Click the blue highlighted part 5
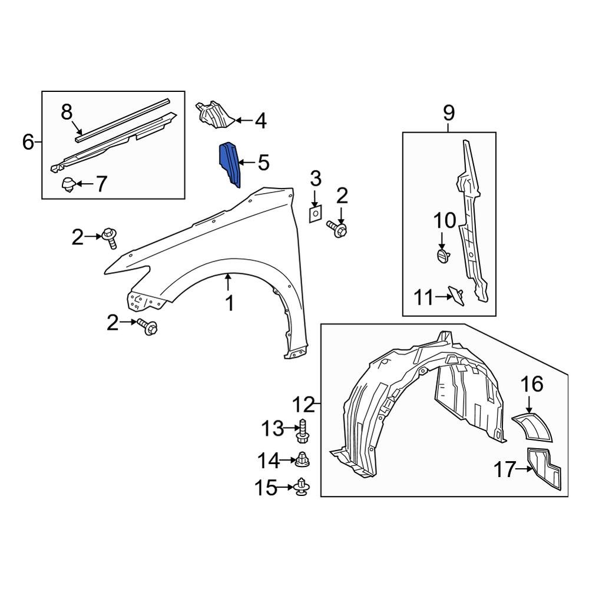pyautogui.click(x=230, y=164)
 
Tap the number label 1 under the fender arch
pyautogui.click(x=230, y=303)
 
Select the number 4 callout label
pyautogui.click(x=260, y=121)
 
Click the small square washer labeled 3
pyautogui.click(x=315, y=213)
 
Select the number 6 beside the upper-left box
pyautogui.click(x=28, y=142)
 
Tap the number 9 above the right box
pyautogui.click(x=449, y=112)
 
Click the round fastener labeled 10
pyautogui.click(x=443, y=256)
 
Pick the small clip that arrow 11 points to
pyautogui.click(x=456, y=295)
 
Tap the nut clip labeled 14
pyautogui.click(x=303, y=458)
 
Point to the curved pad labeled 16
pyautogui.click(x=534, y=427)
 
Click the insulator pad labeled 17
pyautogui.click(x=545, y=468)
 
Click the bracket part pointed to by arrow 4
pyautogui.click(x=214, y=114)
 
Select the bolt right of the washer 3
pyautogui.click(x=337, y=229)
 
